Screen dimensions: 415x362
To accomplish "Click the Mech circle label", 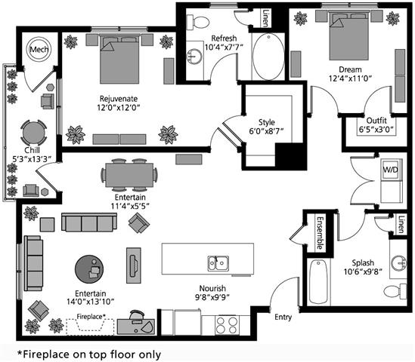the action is (39, 49).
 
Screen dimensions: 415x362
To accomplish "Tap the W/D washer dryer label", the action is (390, 169).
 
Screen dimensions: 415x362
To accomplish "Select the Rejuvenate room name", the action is (119, 99).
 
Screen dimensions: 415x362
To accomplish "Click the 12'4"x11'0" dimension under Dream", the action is (350, 78).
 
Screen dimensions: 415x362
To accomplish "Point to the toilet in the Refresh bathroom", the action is (198, 22).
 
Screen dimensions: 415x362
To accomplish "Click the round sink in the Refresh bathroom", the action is (194, 57).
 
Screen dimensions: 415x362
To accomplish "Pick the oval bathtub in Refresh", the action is (268, 57).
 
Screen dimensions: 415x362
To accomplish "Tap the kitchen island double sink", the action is (218, 263).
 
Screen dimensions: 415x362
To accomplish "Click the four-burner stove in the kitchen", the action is (226, 325).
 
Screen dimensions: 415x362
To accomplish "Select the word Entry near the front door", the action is (283, 317).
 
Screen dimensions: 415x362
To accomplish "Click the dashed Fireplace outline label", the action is (91, 316).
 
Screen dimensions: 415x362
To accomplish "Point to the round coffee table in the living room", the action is (89, 269).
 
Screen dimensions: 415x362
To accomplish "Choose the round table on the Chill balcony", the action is (33, 133).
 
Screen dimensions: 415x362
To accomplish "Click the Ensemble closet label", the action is (320, 233).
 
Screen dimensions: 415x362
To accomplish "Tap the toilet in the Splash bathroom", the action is (395, 292).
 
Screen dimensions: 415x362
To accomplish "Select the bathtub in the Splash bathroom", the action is (318, 282).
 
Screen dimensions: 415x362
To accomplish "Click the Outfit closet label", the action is (376, 121).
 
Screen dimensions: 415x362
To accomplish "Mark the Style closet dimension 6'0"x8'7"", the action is (266, 131).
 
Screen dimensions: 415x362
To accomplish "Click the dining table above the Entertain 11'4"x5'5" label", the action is (129, 175).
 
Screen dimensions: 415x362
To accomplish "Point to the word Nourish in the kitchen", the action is (212, 288).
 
